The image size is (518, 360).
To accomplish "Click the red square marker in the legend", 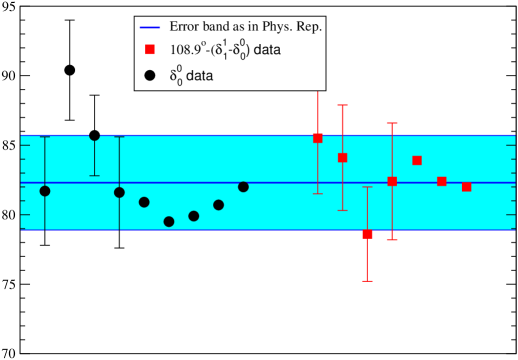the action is point(150,49).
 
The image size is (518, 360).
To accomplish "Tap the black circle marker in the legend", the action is point(150,74).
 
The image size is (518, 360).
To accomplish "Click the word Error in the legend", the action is point(186,27).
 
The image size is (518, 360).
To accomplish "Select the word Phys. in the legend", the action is point(281,27).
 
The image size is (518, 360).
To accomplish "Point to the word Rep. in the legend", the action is point(312,27).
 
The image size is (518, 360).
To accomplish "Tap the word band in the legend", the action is point(223,27).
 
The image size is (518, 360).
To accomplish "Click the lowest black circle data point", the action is point(169,221).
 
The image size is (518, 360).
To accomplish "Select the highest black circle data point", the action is point(95,135).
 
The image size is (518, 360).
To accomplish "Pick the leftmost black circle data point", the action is point(45,190).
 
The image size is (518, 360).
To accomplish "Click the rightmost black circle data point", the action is point(243,187).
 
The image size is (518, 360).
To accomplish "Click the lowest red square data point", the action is point(367,235).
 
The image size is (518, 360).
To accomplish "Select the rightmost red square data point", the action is point(466,187).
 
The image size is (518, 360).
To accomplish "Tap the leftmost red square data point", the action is point(318,138).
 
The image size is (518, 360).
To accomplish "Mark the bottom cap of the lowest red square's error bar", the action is point(367,281).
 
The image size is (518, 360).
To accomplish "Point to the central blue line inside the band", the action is point(280,183).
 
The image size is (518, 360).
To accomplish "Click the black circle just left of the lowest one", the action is point(144,202).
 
